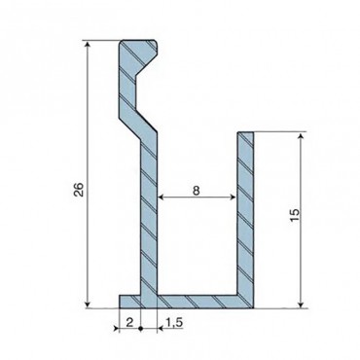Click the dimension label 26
click(x=79, y=190)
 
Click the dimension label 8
click(x=196, y=191)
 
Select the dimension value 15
click(x=295, y=215)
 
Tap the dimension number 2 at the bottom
click(x=129, y=322)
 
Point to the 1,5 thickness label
click(x=174, y=322)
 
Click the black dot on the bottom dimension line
click(x=141, y=329)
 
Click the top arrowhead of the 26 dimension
click(x=88, y=44)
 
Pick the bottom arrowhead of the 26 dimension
click(x=88, y=304)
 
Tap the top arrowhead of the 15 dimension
click(x=302, y=136)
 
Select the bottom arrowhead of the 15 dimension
click(x=302, y=304)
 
